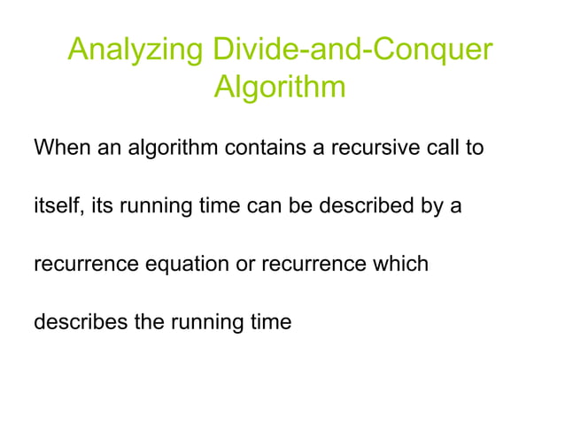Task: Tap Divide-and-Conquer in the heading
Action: point(349,50)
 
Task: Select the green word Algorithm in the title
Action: point(280,88)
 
